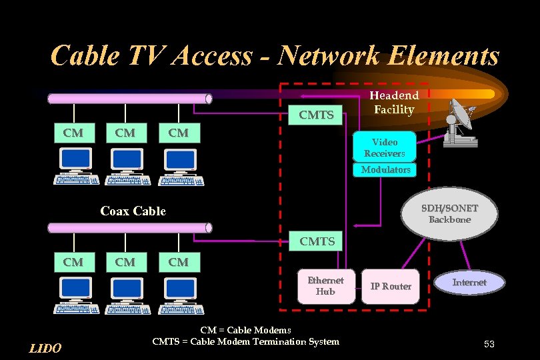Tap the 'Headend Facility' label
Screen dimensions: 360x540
394,103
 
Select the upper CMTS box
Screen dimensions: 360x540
316,115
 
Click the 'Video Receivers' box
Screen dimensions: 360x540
385,147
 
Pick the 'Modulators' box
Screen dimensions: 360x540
385,170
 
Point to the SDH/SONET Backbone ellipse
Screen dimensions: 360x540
449,214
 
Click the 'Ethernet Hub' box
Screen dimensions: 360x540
325,286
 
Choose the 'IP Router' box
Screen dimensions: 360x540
391,286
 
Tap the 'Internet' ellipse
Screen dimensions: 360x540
469,283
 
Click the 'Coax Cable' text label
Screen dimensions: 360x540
133,211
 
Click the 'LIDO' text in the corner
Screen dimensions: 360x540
46,348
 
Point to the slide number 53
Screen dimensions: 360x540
489,344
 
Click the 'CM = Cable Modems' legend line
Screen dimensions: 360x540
245,330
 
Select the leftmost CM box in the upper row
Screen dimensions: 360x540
73,133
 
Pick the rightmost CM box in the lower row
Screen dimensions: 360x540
178,262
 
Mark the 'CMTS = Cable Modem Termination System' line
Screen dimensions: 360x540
245,342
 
